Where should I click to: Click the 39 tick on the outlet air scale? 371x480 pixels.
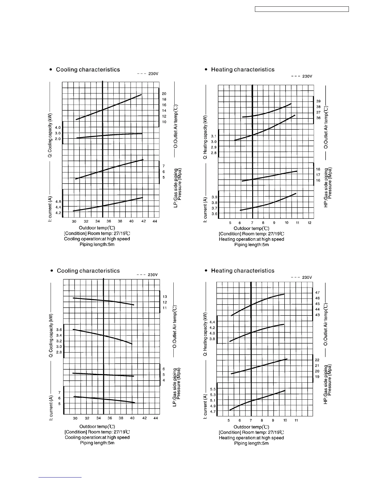[x=318, y=101]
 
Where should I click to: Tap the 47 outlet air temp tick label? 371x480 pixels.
[x=317, y=293]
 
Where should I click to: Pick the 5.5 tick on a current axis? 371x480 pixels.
[x=213, y=389]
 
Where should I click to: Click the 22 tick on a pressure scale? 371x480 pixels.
[x=317, y=360]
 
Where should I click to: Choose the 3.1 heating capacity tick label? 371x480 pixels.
[x=214, y=136]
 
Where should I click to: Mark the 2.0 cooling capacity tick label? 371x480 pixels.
[x=58, y=139]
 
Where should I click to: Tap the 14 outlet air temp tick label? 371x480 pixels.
[x=164, y=111]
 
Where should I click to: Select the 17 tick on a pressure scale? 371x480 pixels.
[x=318, y=175]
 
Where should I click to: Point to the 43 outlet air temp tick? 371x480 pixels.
[x=317, y=315]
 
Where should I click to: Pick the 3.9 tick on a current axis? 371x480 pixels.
[x=214, y=197]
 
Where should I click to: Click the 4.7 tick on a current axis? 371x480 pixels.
[x=213, y=412]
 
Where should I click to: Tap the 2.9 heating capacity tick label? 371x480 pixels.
[x=214, y=147]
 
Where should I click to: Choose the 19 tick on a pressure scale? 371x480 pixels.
[x=317, y=377]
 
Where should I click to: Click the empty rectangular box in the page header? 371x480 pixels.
[x=302, y=9]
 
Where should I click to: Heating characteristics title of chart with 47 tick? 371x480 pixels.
[x=242, y=271]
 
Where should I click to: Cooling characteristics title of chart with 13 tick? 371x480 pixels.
[x=88, y=271]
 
